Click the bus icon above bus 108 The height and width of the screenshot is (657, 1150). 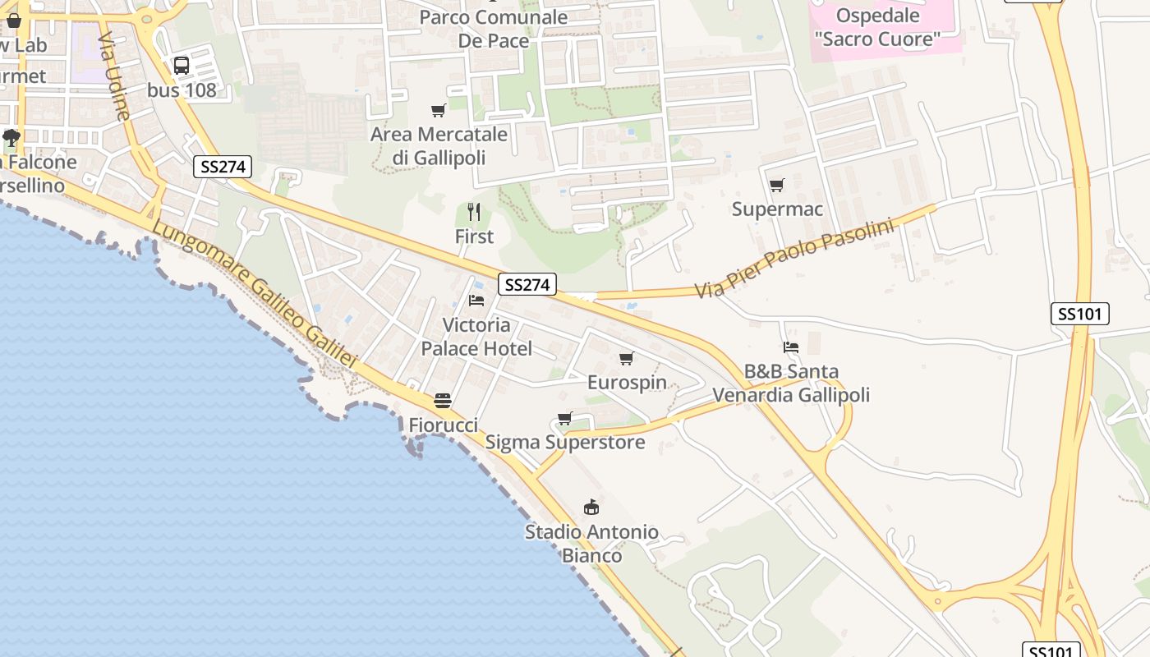182,66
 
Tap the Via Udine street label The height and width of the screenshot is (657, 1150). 113,76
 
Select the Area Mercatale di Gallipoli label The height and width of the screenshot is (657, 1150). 439,145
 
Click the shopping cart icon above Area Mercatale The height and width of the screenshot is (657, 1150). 439,110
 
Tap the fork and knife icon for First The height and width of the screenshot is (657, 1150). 474,212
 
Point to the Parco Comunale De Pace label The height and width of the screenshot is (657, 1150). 493,29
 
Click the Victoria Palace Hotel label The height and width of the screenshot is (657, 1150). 476,337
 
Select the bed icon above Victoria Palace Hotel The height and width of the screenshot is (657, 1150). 476,301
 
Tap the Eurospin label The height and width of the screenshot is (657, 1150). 627,382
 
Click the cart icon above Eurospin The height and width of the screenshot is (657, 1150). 627,358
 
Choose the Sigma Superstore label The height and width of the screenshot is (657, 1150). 565,442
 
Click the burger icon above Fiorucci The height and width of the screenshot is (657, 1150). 443,401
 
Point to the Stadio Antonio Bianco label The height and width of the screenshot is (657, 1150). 591,544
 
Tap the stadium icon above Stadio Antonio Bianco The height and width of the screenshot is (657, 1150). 591,507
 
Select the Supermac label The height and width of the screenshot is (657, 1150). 777,209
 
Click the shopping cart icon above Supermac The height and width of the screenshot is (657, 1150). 776,185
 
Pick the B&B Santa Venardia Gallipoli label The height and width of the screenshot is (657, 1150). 790,384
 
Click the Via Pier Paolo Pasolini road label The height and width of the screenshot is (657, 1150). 793,259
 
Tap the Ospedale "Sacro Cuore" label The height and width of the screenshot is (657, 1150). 877,27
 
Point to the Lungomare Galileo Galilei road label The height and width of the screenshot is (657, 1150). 255,295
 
